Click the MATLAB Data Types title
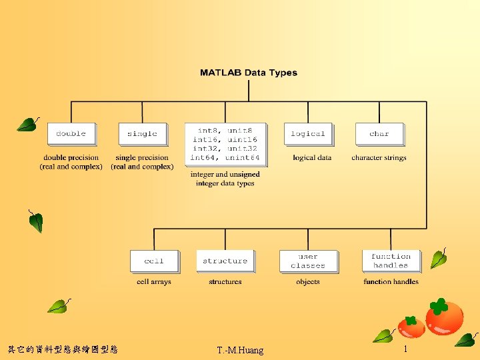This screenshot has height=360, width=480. pos(249,73)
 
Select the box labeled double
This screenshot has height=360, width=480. pos(71,133)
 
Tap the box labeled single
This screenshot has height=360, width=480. pos(142,133)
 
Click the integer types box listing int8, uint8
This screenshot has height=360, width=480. pos(225,144)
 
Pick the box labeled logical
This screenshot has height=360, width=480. pos(307,133)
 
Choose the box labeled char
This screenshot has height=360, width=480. pos(379,133)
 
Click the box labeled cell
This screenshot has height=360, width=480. pos(154,261)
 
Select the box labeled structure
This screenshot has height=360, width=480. pos(225,261)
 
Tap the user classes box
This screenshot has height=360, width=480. pos(308,261)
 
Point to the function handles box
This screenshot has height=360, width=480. pos(391,261)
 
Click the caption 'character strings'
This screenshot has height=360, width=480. pos(379,158)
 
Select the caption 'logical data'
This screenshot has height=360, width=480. pos(312,158)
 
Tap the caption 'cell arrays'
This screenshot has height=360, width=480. pos(154,282)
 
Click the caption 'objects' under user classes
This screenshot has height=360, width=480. pos(308,282)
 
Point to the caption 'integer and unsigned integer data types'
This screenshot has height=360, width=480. pos(225,179)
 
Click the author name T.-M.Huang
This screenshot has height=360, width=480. pos(240,350)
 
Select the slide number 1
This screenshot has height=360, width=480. pos(405,349)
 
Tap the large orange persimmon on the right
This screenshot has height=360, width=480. pos(445,318)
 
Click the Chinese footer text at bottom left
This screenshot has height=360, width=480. pos(63,349)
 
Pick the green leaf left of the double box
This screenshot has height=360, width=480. pos(28,124)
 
